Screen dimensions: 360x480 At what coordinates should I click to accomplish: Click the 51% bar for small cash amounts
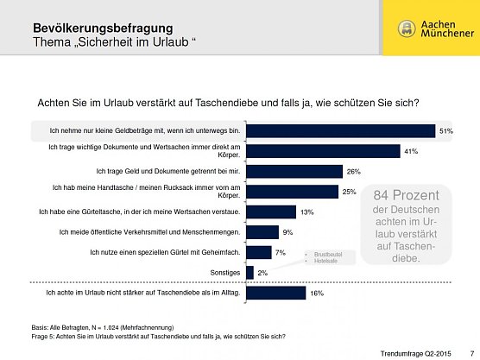pyautogui.click(x=340, y=131)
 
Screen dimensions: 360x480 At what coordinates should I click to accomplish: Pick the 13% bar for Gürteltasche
pyautogui.click(x=270, y=212)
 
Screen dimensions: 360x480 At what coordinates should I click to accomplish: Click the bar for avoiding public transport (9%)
pyautogui.click(x=262, y=232)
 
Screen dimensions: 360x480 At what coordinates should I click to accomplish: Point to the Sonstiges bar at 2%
pyautogui.click(x=249, y=273)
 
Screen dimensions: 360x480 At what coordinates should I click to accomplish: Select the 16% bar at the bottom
pyautogui.click(x=275, y=294)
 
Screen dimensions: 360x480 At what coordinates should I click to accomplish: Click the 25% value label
pyautogui.click(x=349, y=192)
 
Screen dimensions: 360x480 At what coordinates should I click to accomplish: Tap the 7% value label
pyautogui.click(x=280, y=253)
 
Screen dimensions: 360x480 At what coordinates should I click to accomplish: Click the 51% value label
pyautogui.click(x=446, y=131)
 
